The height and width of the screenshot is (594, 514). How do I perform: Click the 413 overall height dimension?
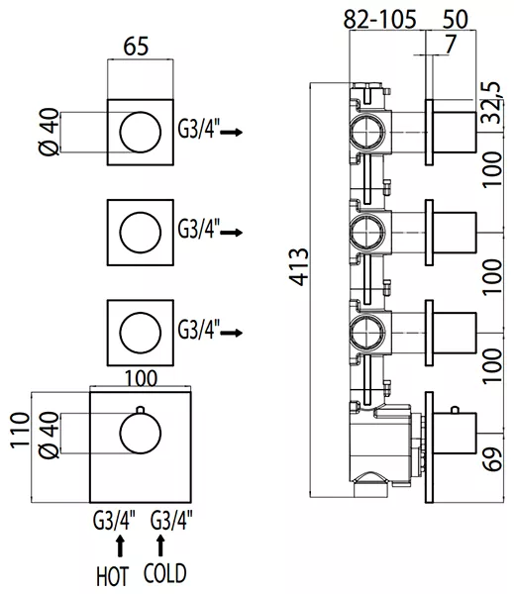click(299, 266)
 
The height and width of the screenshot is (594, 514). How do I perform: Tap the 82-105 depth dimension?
click(379, 19)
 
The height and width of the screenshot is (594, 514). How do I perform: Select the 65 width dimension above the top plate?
click(136, 47)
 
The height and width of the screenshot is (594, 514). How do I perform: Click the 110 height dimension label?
click(20, 431)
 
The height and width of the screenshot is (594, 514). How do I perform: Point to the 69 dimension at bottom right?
click(493, 458)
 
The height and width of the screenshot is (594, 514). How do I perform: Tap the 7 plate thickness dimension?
click(450, 44)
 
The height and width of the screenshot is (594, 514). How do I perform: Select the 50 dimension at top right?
click(456, 19)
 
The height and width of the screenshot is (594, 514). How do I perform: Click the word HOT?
click(113, 576)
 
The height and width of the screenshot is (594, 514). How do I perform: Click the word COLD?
click(164, 573)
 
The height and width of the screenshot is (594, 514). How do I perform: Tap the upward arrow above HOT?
click(120, 545)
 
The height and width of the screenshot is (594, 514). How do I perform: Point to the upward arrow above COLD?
click(160, 545)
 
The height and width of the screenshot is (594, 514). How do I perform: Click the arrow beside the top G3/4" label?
click(231, 133)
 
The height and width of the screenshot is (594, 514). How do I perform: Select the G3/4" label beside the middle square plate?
click(199, 229)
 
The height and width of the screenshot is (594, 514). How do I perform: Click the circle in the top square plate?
click(141, 133)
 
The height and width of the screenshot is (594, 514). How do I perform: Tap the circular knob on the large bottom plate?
click(141, 434)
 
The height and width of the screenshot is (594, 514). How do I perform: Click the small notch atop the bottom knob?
click(141, 410)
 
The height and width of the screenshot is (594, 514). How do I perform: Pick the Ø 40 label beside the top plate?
click(50, 132)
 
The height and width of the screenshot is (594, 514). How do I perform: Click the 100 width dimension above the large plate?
click(141, 378)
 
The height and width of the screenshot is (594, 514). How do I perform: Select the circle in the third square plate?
click(141, 333)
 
